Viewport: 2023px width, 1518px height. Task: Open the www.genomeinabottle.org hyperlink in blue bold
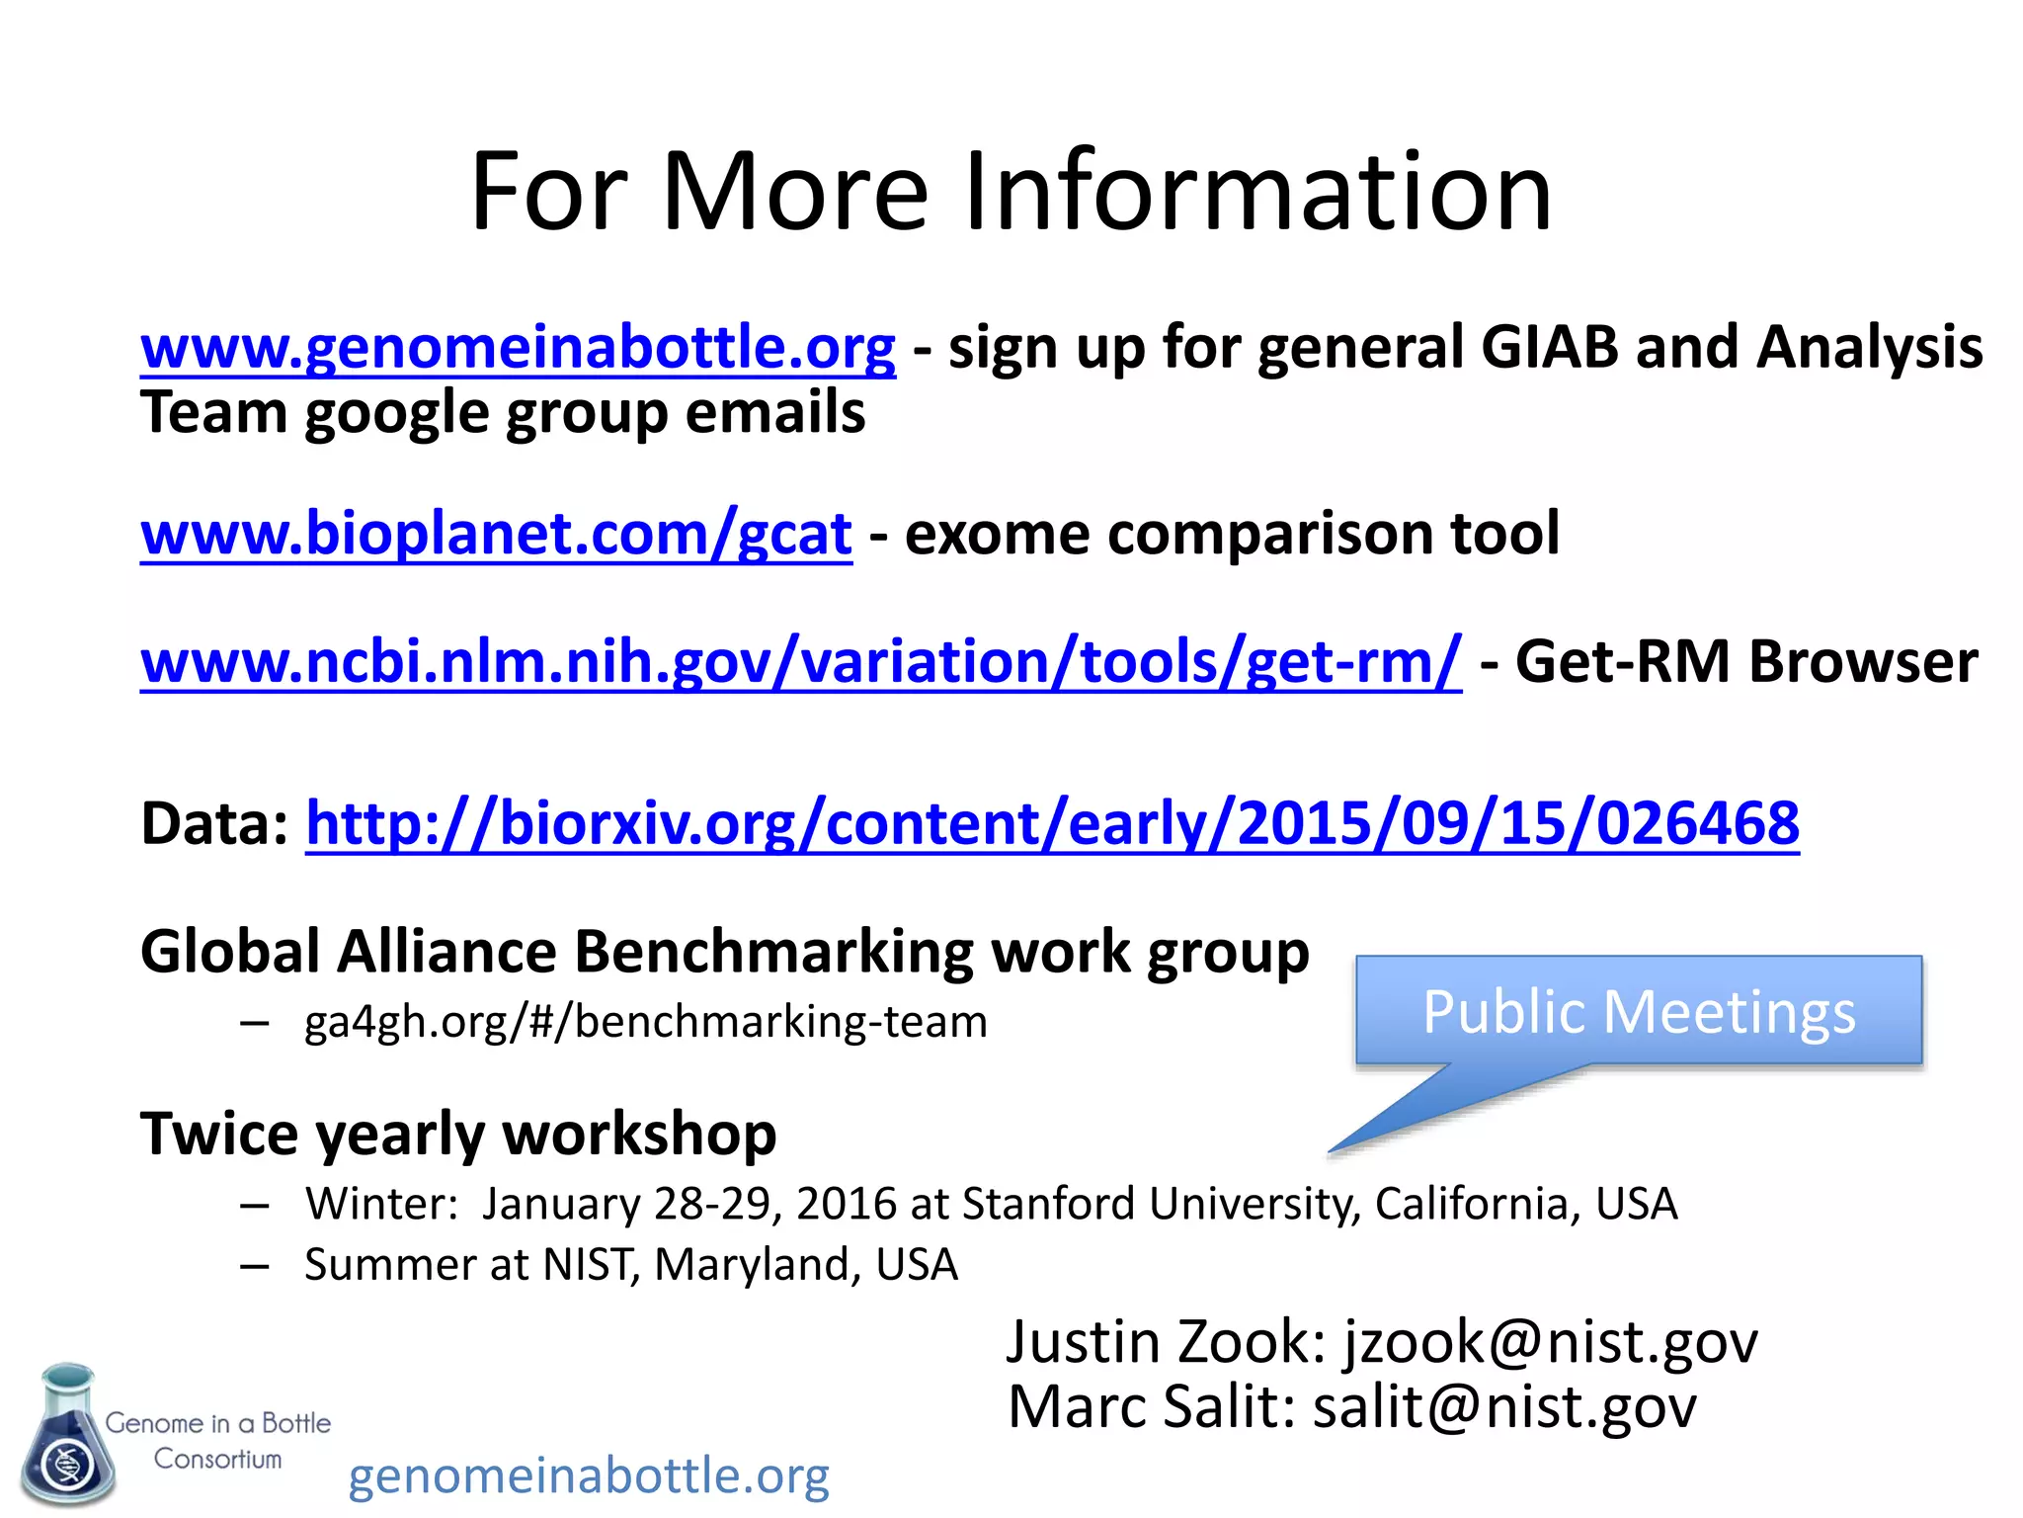click(x=518, y=348)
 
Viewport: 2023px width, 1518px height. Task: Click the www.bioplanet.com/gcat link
click(x=496, y=534)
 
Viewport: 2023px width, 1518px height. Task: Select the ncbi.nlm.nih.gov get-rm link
click(x=800, y=661)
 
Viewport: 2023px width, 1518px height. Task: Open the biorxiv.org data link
click(x=1052, y=823)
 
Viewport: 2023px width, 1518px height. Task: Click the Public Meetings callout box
click(x=1639, y=1012)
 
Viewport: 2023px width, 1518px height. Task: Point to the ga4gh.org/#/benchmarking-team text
click(x=646, y=1022)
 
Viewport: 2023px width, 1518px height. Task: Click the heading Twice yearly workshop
click(x=458, y=1133)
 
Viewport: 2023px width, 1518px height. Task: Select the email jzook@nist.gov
click(x=1551, y=1342)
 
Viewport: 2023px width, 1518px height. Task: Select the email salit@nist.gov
click(x=1504, y=1406)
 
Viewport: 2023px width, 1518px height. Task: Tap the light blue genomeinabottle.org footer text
click(x=589, y=1476)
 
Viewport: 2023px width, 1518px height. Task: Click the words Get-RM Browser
click(x=1745, y=661)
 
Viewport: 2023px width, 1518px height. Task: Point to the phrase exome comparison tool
click(x=1232, y=534)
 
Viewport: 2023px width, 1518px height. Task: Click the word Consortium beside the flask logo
click(x=217, y=1459)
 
